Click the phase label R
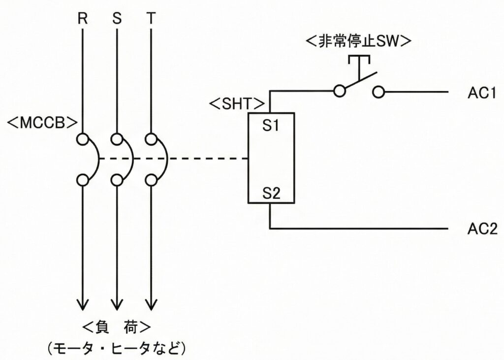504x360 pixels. pyautogui.click(x=82, y=19)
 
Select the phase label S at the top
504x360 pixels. pyautogui.click(x=117, y=19)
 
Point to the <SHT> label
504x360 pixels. pyautogui.click(x=238, y=104)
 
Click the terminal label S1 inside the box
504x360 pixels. pyautogui.click(x=271, y=126)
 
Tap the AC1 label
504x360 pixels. pyautogui.click(x=480, y=93)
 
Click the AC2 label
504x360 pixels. pyautogui.click(x=480, y=229)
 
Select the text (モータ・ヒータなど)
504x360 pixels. pyautogui.click(x=117, y=348)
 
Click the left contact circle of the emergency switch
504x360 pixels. pyautogui.click(x=339, y=92)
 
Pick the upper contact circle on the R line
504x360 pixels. pyautogui.click(x=82, y=138)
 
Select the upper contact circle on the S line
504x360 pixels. pyautogui.click(x=117, y=138)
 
